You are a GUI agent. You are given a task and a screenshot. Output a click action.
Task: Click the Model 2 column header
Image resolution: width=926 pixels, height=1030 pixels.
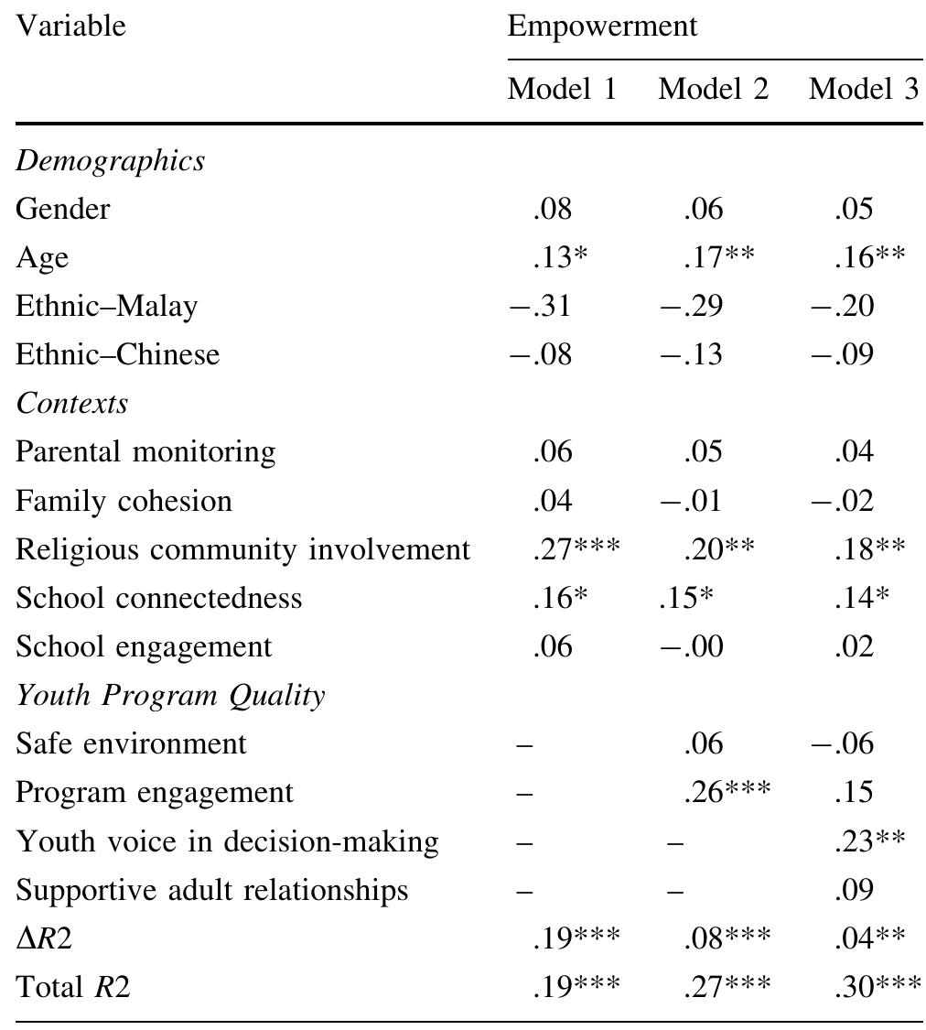713,89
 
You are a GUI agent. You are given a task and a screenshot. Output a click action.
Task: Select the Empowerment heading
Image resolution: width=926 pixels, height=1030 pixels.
601,26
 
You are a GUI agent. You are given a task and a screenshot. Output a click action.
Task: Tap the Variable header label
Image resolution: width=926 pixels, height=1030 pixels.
70,26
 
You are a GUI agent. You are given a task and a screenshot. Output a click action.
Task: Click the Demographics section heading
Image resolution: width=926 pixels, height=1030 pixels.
110,160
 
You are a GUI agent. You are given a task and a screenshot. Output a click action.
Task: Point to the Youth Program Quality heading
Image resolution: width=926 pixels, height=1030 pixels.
169,695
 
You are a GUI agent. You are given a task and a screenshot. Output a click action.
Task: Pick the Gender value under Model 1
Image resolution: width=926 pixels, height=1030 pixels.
552,209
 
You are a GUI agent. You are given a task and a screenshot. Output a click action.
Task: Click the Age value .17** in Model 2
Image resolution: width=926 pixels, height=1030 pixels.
718,257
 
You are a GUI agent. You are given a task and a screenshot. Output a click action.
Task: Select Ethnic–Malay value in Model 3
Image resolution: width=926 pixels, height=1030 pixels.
842,306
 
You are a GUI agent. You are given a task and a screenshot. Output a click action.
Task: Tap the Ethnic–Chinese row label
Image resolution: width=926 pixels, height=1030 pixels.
117,354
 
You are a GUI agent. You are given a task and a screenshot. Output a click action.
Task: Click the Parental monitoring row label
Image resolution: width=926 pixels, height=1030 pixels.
145,451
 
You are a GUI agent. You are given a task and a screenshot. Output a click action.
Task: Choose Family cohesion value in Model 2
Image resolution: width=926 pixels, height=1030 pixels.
691,501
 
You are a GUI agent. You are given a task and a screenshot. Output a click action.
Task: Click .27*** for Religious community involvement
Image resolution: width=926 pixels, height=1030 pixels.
576,549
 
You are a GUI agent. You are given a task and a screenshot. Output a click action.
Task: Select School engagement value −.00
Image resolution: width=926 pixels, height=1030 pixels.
691,646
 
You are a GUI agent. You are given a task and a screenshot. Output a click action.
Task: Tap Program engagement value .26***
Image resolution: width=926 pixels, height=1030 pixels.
727,792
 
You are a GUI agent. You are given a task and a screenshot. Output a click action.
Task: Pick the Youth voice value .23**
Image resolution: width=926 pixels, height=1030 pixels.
869,840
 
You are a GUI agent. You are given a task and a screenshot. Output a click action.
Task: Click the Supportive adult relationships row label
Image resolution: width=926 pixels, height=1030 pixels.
211,890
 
